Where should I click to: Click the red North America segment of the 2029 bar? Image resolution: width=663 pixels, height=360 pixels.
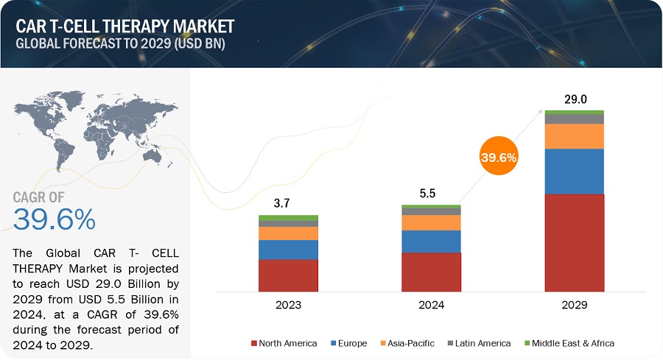pos(574,242)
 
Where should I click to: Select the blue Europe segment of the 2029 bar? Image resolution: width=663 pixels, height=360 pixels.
pos(574,172)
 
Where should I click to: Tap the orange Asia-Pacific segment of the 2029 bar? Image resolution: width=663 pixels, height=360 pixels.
pos(574,136)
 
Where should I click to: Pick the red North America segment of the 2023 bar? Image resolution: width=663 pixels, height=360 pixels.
pos(288,275)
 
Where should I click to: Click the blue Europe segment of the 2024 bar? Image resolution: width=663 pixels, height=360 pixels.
pos(431,241)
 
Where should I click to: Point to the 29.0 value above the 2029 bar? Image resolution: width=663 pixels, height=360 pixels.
pos(574,99)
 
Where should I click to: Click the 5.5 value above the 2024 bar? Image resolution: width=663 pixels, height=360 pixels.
pos(431,193)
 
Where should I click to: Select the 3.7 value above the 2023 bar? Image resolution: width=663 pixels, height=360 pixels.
pos(288,203)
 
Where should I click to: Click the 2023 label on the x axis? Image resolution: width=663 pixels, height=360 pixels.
pos(288,303)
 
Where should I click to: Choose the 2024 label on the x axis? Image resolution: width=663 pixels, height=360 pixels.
pos(431,303)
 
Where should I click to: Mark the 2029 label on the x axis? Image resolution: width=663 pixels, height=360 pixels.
pos(574,303)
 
